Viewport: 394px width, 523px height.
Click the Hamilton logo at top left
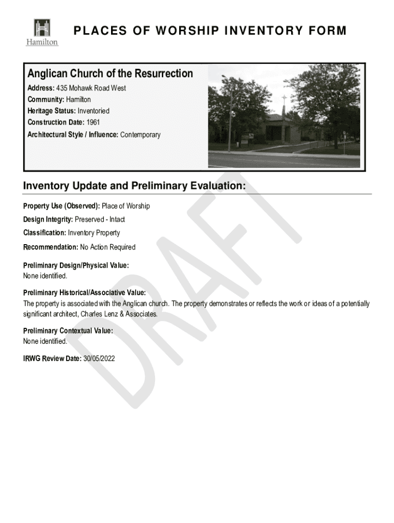pyautogui.click(x=42, y=32)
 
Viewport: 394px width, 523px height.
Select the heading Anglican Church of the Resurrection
pyautogui.click(x=110, y=74)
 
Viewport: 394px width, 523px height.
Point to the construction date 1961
pyautogui.click(x=93, y=123)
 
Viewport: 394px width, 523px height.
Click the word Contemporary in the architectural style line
pyautogui.click(x=140, y=135)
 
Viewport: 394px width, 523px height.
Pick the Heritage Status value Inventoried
pyautogui.click(x=93, y=111)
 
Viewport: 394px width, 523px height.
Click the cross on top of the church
pyautogui.click(x=283, y=99)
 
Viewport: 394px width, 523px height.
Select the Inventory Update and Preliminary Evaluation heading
pyautogui.click(x=135, y=186)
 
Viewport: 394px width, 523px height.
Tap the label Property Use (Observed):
pyautogui.click(x=61, y=206)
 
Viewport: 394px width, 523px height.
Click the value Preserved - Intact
pyautogui.click(x=100, y=220)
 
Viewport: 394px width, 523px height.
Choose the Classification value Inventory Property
pyautogui.click(x=94, y=233)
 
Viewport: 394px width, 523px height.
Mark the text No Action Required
pyautogui.click(x=107, y=247)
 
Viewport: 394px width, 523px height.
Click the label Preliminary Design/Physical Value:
pyautogui.click(x=76, y=266)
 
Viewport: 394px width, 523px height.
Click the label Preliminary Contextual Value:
pyautogui.click(x=68, y=331)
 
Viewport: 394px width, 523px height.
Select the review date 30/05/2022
pyautogui.click(x=99, y=359)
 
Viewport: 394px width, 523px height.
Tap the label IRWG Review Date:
pyautogui.click(x=52, y=359)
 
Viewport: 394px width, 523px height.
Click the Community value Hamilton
pyautogui.click(x=78, y=100)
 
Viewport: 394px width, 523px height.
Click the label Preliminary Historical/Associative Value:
pyautogui.click(x=84, y=293)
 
